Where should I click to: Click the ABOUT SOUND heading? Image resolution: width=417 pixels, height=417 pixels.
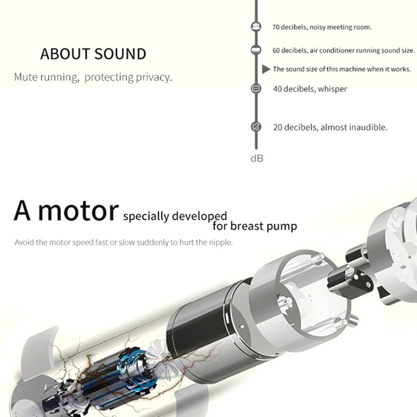click(x=93, y=54)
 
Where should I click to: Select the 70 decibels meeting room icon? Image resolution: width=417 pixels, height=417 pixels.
click(x=256, y=27)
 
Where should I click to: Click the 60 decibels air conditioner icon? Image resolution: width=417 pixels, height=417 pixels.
click(x=256, y=50)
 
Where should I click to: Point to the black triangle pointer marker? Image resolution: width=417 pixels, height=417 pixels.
click(x=266, y=69)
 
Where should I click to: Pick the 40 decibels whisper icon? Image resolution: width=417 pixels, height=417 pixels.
click(x=256, y=88)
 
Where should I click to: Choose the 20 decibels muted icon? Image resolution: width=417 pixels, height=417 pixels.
click(x=256, y=127)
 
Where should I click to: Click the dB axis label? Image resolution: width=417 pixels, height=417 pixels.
click(x=257, y=158)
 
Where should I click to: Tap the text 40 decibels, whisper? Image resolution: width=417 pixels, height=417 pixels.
click(x=310, y=89)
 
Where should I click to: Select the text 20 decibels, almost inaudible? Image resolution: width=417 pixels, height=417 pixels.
click(x=330, y=127)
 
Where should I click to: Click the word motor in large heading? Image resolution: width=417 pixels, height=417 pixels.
click(x=78, y=211)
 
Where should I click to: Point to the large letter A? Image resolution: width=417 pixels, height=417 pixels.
click(x=22, y=211)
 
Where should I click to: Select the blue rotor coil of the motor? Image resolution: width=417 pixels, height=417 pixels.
click(x=133, y=364)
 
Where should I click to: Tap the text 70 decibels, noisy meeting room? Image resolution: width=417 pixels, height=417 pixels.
click(x=322, y=27)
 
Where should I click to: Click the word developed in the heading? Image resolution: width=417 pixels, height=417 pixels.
click(x=200, y=216)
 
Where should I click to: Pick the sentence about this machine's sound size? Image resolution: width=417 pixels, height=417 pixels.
click(x=342, y=69)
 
